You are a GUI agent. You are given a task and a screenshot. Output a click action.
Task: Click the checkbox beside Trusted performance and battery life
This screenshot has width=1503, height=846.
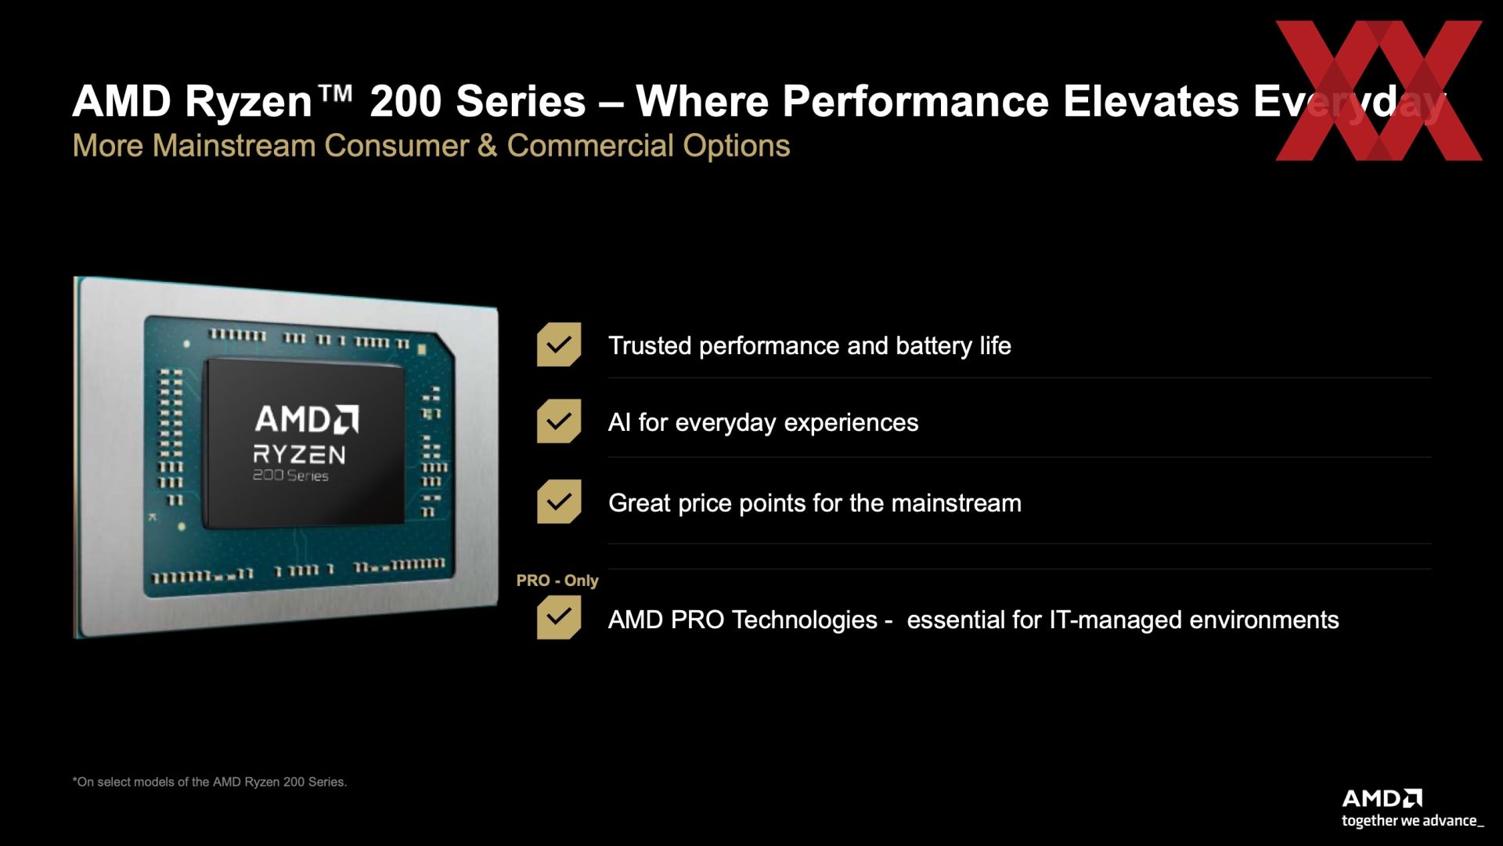pos(559,345)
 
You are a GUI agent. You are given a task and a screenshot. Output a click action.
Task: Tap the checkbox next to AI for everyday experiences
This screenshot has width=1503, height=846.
pos(559,421)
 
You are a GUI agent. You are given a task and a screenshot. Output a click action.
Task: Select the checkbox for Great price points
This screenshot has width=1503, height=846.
pos(559,501)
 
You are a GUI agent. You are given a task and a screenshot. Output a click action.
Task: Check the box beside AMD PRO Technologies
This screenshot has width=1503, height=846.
pos(559,617)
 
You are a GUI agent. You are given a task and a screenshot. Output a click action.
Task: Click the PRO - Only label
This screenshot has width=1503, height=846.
pos(557,580)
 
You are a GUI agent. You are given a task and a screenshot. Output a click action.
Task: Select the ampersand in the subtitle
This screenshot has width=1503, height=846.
pos(487,146)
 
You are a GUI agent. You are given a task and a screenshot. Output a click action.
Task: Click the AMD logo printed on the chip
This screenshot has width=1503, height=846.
pos(307,419)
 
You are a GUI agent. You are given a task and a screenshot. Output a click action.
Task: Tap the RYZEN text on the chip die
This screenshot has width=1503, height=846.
pos(299,454)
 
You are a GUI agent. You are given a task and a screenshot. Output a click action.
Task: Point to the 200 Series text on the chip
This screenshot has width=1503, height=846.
pos(290,475)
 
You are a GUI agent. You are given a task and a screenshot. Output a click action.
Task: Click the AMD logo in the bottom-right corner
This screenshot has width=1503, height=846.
pos(1382,799)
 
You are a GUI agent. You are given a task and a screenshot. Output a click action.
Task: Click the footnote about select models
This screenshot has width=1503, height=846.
pos(209,782)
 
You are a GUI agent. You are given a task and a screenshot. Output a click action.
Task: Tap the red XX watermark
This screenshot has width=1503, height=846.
pos(1379,91)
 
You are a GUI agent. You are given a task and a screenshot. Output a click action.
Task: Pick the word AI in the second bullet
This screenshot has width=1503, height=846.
pos(619,422)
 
